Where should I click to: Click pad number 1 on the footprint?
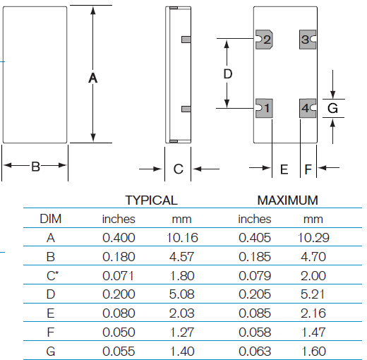pos(265,109)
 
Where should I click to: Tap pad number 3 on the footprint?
pos(308,40)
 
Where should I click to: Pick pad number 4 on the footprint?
pos(308,109)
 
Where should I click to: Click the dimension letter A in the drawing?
pos(92,78)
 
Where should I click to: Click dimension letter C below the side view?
pos(179,169)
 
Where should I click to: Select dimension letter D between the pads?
pos(227,73)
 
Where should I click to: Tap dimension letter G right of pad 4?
pos(333,108)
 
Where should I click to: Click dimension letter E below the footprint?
pos(284,169)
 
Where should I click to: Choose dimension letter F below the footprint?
pos(308,169)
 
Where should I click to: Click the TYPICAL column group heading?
pos(151,200)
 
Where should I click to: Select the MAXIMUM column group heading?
pos(287,200)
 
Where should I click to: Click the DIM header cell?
pos(50,219)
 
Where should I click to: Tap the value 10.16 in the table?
pos(181,238)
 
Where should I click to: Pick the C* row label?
pos(50,275)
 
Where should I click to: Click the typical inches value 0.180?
pos(119,256)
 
